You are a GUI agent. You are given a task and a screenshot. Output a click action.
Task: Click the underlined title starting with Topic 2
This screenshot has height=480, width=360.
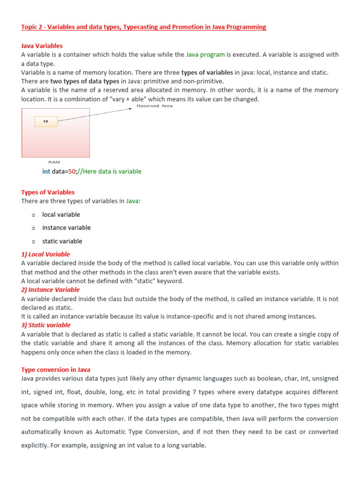pyautogui.click(x=143, y=27)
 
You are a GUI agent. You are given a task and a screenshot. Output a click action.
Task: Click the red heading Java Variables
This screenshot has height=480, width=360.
pyautogui.click(x=42, y=46)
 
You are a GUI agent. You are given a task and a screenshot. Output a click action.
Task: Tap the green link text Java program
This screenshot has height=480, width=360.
pyautogui.click(x=205, y=55)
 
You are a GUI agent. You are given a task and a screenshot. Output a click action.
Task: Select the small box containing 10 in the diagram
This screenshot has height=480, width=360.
pyautogui.click(x=46, y=121)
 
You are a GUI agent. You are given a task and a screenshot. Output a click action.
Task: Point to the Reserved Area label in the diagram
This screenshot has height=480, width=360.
pyautogui.click(x=154, y=106)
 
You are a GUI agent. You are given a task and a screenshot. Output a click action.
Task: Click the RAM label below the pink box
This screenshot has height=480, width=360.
pyautogui.click(x=54, y=162)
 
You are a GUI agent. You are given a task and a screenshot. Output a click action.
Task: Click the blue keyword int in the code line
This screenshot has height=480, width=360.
pyautogui.click(x=46, y=172)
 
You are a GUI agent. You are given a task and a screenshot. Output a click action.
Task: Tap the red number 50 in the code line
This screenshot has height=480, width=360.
pyautogui.click(x=72, y=172)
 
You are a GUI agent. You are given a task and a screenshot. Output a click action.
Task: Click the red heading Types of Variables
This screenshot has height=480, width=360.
pyautogui.click(x=48, y=192)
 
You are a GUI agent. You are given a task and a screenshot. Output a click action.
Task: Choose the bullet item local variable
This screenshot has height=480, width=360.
pyautogui.click(x=61, y=215)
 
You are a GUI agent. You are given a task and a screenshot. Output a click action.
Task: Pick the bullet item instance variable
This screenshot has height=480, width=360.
pyautogui.click(x=66, y=228)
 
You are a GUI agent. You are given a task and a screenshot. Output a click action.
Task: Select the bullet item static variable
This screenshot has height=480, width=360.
pyautogui.click(x=62, y=241)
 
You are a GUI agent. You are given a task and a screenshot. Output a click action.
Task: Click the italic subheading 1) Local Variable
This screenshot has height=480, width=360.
pyautogui.click(x=45, y=255)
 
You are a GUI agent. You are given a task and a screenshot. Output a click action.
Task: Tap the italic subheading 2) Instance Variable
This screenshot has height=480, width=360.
pyautogui.click(x=50, y=290)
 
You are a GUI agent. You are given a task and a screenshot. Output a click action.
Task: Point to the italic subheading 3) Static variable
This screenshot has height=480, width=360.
pyautogui.click(x=46, y=325)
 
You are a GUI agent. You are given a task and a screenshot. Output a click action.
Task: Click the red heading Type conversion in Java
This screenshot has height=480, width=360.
pyautogui.click(x=56, y=370)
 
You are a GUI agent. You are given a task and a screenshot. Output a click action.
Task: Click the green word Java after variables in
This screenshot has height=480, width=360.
pyautogui.click(x=132, y=201)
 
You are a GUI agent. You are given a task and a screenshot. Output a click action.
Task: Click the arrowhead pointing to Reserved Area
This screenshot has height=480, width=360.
pyautogui.click(x=131, y=109)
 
